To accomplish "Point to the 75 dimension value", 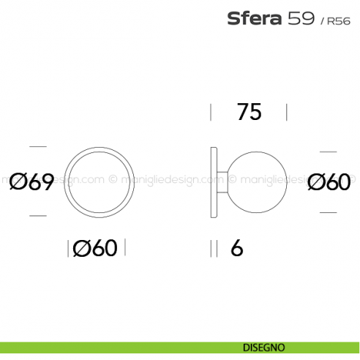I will point(249,112).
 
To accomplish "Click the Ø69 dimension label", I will point(32,182).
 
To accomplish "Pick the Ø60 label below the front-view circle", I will point(95,249).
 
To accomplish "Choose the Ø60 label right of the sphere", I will point(329,182).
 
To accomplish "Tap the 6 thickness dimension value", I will point(236,249).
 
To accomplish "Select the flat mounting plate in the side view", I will point(214,181).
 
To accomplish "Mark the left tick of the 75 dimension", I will point(211,112).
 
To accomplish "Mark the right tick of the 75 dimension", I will point(286,112).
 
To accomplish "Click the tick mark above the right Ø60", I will point(328,151).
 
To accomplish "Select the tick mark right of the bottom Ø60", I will point(125,249).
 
